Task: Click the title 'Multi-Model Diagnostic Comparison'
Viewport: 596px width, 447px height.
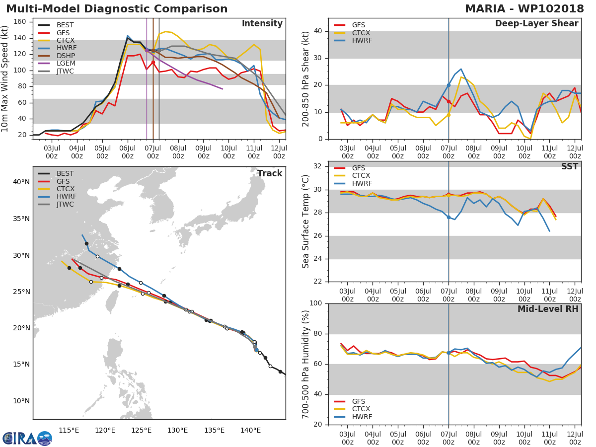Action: [117, 9]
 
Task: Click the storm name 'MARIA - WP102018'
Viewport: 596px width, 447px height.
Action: [524, 9]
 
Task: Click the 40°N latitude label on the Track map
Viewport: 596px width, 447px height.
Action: [21, 182]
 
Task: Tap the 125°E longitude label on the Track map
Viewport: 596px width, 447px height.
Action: [142, 430]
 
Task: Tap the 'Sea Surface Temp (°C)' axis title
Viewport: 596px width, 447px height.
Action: [306, 222]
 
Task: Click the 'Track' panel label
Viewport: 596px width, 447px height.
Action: [269, 173]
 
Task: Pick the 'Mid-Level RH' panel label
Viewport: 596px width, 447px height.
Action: [548, 309]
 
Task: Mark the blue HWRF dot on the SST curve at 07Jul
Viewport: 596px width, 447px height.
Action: [448, 217]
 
